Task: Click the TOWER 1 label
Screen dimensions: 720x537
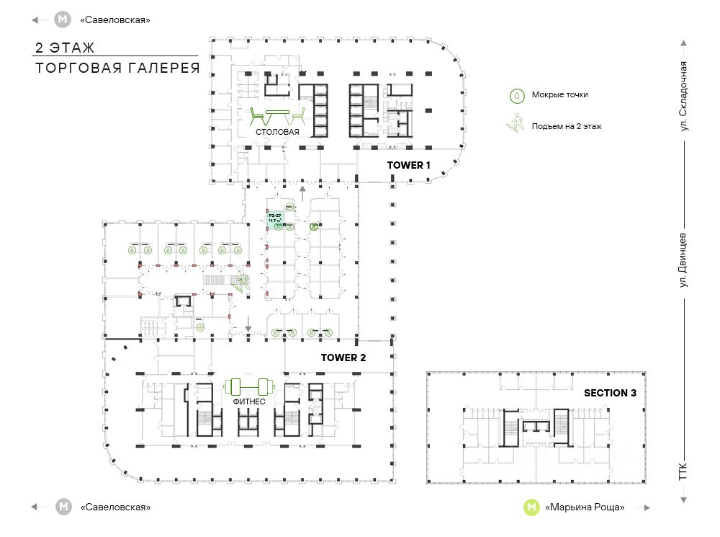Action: (x=408, y=165)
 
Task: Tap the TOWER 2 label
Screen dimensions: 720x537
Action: (x=343, y=358)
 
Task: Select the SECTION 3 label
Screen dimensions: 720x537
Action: (x=610, y=393)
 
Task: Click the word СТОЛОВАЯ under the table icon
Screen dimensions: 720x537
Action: (x=276, y=133)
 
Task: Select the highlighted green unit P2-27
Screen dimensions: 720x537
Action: (x=275, y=219)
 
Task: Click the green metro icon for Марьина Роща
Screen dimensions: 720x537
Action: (x=531, y=507)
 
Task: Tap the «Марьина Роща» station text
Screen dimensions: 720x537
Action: (x=585, y=507)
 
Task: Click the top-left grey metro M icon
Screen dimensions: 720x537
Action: (x=64, y=19)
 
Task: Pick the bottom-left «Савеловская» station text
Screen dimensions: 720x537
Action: (x=116, y=507)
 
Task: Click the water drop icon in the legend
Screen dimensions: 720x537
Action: (x=516, y=94)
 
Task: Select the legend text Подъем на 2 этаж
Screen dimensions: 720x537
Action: (x=567, y=126)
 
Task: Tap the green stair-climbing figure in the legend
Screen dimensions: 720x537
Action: (x=516, y=125)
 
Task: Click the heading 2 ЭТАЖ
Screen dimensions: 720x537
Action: (x=65, y=48)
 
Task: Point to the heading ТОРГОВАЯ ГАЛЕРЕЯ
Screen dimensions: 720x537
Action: (x=117, y=68)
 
